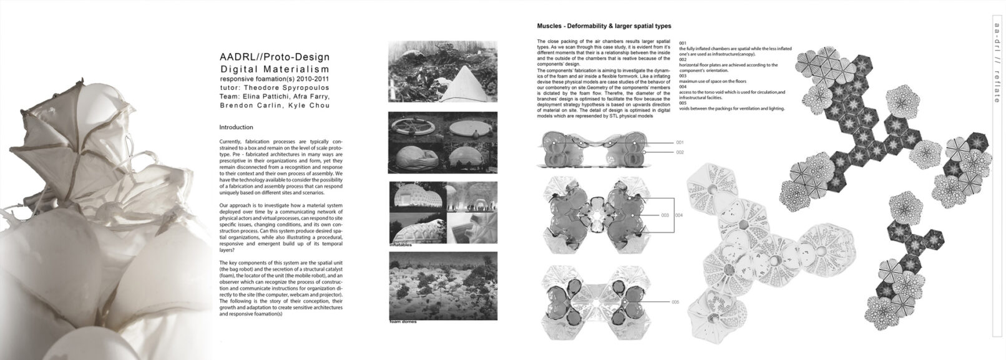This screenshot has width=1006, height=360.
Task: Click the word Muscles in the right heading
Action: tap(551, 26)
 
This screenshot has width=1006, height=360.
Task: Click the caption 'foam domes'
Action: tap(403, 322)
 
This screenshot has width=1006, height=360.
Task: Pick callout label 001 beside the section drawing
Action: tap(680, 143)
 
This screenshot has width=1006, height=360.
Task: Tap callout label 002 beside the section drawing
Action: tap(680, 152)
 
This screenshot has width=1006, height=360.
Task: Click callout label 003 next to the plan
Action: tap(665, 215)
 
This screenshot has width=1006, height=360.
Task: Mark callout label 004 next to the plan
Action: tap(679, 215)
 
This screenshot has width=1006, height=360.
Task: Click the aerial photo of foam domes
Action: tap(442, 285)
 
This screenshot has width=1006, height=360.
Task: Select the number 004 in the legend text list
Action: tap(682, 87)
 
